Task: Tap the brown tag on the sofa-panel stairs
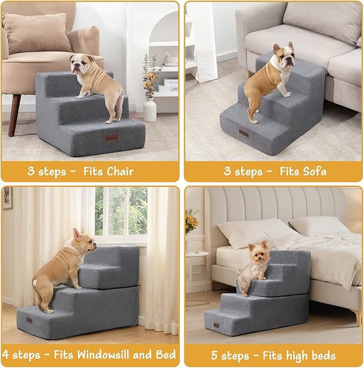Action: click(x=244, y=133)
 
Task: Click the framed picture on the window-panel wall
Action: click(x=7, y=198)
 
